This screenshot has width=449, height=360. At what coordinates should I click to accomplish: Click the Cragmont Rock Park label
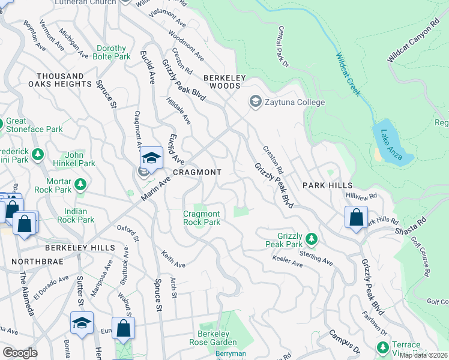(x=202, y=218)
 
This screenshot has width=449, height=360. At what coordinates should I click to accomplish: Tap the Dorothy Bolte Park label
(x=112, y=53)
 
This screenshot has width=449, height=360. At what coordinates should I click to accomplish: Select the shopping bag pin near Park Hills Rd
(x=356, y=217)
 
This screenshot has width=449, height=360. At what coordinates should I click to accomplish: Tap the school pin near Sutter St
(x=82, y=323)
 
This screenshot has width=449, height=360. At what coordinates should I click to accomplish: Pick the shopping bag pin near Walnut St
(x=123, y=328)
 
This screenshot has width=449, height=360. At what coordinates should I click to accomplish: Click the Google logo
(x=20, y=353)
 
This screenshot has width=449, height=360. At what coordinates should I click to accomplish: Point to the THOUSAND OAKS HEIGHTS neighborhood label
(x=64, y=80)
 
